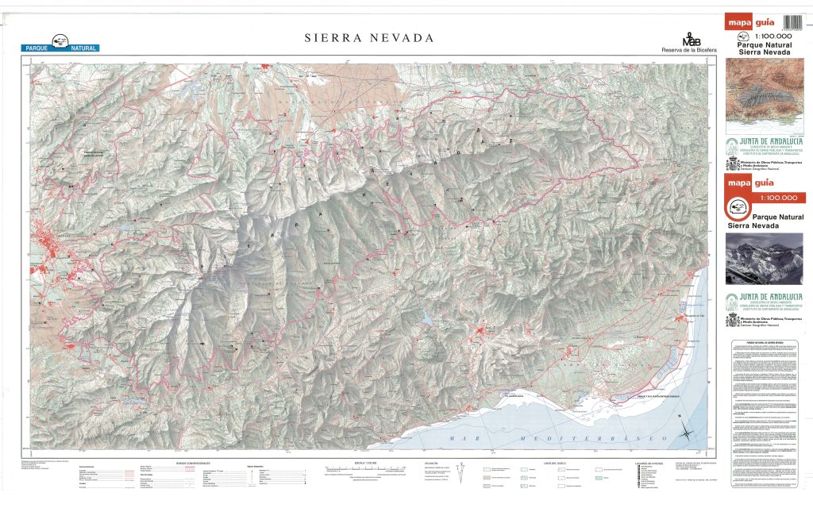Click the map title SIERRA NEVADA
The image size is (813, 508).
370,38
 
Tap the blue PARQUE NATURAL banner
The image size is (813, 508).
60,48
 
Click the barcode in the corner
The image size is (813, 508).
793,23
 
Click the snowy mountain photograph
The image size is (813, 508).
764,257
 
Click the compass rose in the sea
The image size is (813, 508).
685,433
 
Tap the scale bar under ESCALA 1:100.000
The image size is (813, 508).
364,470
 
